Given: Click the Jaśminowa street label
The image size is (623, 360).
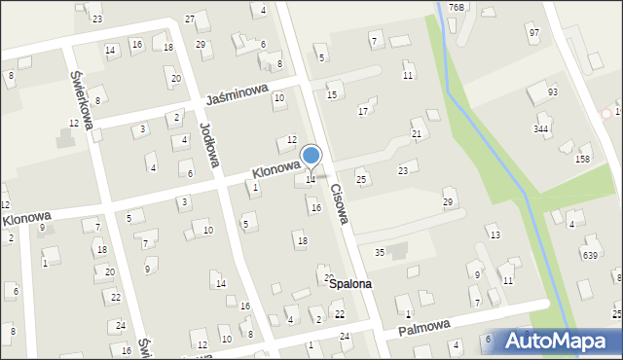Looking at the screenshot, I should click(x=237, y=94).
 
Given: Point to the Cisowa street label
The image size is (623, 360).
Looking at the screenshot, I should click(x=338, y=203).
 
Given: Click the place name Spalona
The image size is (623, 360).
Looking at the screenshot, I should click(x=349, y=284).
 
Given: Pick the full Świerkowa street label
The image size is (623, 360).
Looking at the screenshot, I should click(x=81, y=98).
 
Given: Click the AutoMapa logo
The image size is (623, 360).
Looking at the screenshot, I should click(x=556, y=342).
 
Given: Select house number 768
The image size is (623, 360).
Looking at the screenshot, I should click(x=457, y=7).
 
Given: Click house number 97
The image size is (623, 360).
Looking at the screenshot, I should click(x=533, y=33).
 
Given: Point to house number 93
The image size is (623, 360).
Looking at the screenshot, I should click(x=553, y=91).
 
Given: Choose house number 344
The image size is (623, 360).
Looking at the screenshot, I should click(x=541, y=128).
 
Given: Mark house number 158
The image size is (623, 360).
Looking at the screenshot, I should click(x=583, y=158).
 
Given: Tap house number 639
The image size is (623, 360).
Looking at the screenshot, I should click(x=590, y=255).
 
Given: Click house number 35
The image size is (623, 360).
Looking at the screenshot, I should click(x=380, y=252).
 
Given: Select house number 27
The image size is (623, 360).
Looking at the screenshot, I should click(x=190, y=18).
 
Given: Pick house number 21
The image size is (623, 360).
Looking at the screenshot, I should click(x=417, y=133).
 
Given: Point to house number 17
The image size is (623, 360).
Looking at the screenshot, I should click(x=363, y=112).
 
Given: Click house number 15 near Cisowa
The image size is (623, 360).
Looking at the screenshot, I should click(x=332, y=94).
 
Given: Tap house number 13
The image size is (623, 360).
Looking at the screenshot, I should click(x=495, y=235).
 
